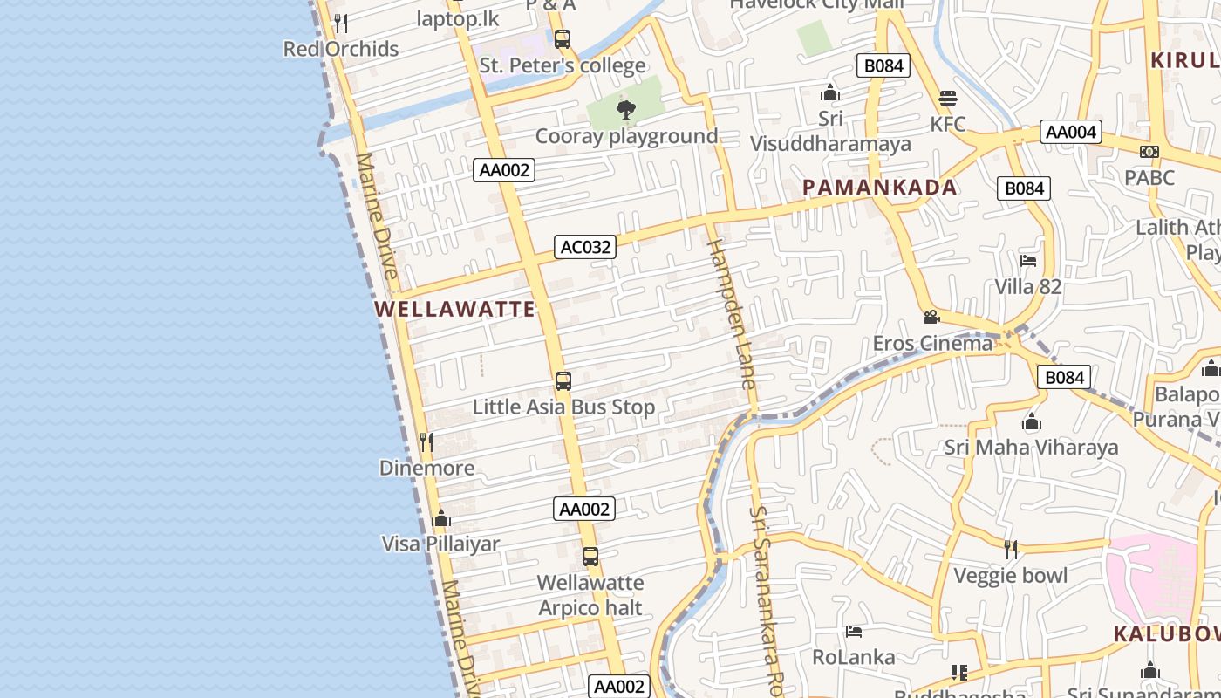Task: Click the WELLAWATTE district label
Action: click(455, 309)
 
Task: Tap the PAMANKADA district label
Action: click(879, 188)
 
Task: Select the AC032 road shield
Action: click(585, 247)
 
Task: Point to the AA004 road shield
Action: click(1070, 132)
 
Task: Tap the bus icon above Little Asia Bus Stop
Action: click(563, 381)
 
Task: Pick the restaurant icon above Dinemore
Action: click(426, 442)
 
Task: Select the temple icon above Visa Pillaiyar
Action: click(441, 519)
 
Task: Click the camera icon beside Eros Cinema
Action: click(931, 317)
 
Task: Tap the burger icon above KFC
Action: click(948, 98)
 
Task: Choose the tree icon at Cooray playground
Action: click(625, 110)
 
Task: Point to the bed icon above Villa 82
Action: click(1028, 260)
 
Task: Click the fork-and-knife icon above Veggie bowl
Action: click(1011, 549)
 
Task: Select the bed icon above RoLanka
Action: click(854, 631)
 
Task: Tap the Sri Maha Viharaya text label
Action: click(1031, 448)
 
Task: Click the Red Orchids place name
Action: click(341, 49)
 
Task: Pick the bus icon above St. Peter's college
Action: click(563, 39)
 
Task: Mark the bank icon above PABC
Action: click(1149, 152)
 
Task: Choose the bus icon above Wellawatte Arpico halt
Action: click(590, 556)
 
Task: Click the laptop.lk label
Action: click(457, 18)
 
